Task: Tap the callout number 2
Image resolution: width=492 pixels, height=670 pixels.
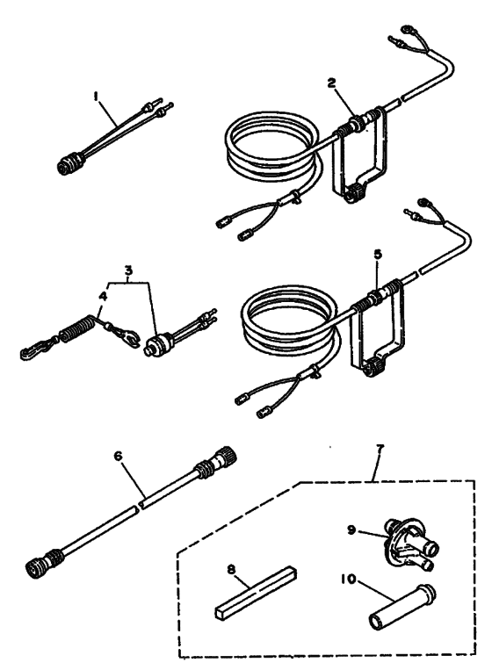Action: coord(332,83)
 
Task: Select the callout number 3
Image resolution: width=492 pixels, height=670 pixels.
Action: coord(128,270)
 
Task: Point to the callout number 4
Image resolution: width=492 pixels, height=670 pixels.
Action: coord(103,297)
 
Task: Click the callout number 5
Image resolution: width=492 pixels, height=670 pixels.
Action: coord(378,255)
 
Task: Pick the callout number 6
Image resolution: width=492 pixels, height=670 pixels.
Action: coord(119,457)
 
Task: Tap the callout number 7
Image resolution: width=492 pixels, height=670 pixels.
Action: coord(380,449)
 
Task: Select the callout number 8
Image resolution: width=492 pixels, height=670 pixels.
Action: coord(231,570)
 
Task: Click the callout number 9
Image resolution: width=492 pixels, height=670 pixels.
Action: coord(351,530)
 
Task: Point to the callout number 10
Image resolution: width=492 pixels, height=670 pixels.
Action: coord(349,579)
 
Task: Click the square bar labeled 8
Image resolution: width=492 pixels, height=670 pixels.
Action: coord(256,592)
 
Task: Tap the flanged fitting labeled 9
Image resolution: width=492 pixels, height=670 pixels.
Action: coord(409,543)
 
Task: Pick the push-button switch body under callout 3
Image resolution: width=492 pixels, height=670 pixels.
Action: coord(157,344)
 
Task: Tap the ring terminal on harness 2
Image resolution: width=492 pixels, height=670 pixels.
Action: coord(407,30)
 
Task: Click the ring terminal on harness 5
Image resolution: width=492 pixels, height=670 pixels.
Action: coord(423,201)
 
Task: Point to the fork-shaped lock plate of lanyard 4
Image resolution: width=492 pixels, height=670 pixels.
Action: coord(127,335)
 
